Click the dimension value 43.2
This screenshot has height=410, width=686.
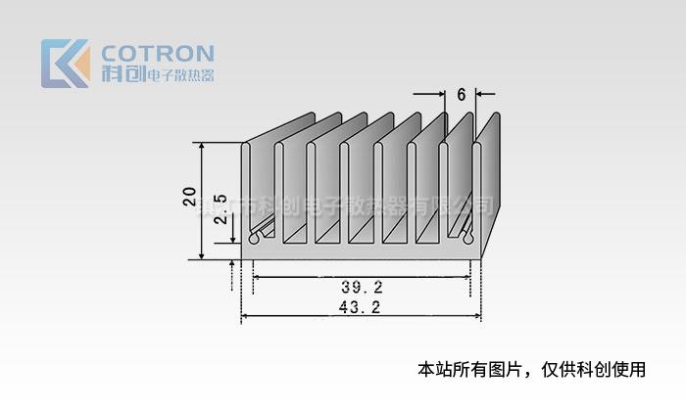tap(361, 306)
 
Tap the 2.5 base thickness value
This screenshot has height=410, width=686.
tap(220, 208)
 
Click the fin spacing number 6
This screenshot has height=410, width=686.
tap(461, 95)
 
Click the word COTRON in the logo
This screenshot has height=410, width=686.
tap(157, 53)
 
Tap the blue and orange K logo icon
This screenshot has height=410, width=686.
tap(65, 64)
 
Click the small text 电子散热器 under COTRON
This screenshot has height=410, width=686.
tap(179, 75)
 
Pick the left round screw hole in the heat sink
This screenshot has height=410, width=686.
tap(255, 237)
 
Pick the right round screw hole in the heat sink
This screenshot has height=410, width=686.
tap(467, 237)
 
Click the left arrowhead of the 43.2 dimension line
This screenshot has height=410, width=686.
tap(244, 316)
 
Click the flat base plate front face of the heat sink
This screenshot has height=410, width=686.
tap(362, 252)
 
